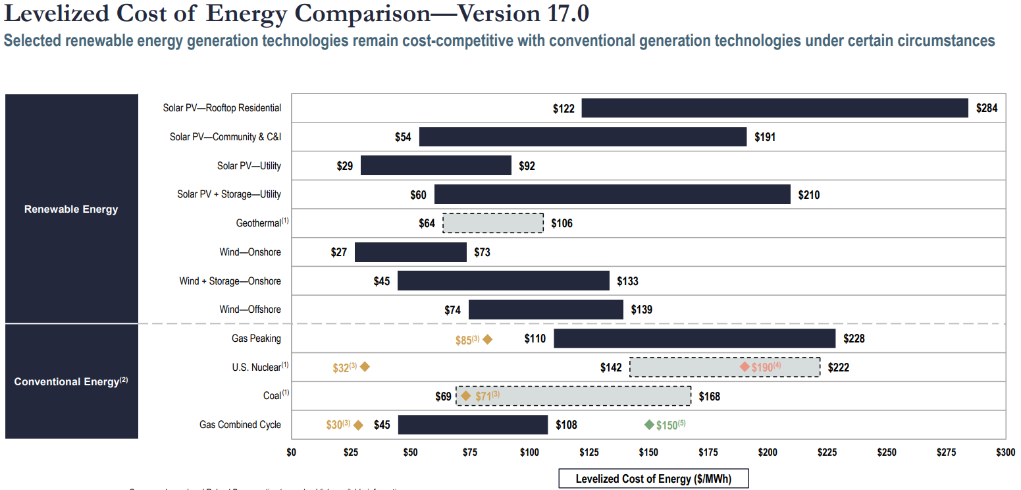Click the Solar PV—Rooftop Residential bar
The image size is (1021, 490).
775,108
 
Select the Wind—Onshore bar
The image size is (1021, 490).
411,252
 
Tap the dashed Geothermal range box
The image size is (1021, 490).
493,223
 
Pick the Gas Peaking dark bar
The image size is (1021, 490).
694,339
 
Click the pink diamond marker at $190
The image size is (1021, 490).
745,367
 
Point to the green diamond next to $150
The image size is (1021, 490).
649,425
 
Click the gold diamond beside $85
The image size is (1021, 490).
487,340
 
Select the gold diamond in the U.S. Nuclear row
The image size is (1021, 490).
365,367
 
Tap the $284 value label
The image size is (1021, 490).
987,109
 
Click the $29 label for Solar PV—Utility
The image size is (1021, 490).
345,166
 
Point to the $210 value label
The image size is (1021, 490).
809,195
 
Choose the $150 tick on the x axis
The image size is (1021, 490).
648,452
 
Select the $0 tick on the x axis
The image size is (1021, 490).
292,452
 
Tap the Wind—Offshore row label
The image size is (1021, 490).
250,310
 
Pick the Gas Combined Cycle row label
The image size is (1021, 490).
240,425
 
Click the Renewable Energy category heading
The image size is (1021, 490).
71,209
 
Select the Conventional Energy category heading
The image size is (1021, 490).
71,382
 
